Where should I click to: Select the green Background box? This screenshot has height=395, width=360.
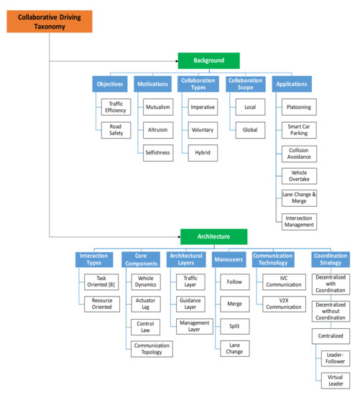pyautogui.click(x=208, y=61)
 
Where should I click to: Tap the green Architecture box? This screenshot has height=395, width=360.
pyautogui.click(x=213, y=236)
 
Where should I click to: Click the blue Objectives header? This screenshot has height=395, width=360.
pyautogui.click(x=110, y=84)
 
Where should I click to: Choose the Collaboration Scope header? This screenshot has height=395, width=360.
pyautogui.click(x=244, y=84)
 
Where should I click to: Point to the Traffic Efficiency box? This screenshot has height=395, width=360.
pyautogui.click(x=115, y=108)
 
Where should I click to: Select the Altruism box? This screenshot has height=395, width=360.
pyautogui.click(x=157, y=131)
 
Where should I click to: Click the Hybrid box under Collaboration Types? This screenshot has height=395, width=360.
pyautogui.click(x=203, y=153)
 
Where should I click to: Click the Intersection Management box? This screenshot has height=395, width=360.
pyautogui.click(x=298, y=221)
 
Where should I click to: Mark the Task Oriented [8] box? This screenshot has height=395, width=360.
pyautogui.click(x=99, y=282)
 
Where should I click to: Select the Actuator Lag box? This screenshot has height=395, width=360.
pyautogui.click(x=146, y=304)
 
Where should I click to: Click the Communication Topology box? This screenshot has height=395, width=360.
pyautogui.click(x=152, y=349)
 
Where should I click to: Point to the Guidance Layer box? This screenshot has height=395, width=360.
pyautogui.click(x=191, y=304)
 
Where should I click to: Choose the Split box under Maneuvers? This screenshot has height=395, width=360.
pyautogui.click(x=235, y=326)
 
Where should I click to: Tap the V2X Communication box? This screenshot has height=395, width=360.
pyautogui.click(x=280, y=304)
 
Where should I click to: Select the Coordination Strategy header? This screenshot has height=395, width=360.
pyautogui.click(x=331, y=259)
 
